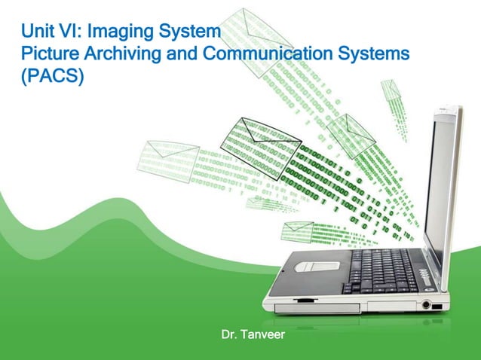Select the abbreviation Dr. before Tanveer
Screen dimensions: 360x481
click(x=228, y=334)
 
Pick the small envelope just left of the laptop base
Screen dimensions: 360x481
click(x=297, y=230)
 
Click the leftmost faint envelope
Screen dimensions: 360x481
click(x=167, y=159)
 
